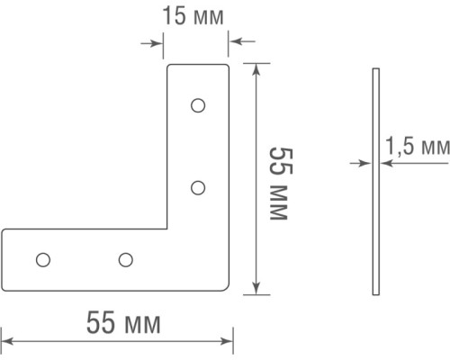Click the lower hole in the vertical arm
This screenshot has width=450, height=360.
[199, 187]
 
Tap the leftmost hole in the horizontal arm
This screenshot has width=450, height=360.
[41, 260]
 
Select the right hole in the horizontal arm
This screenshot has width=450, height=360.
[125, 260]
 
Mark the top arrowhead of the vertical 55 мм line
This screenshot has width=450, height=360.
[257, 68]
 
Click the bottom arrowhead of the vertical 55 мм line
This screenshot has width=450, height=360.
[257, 287]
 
